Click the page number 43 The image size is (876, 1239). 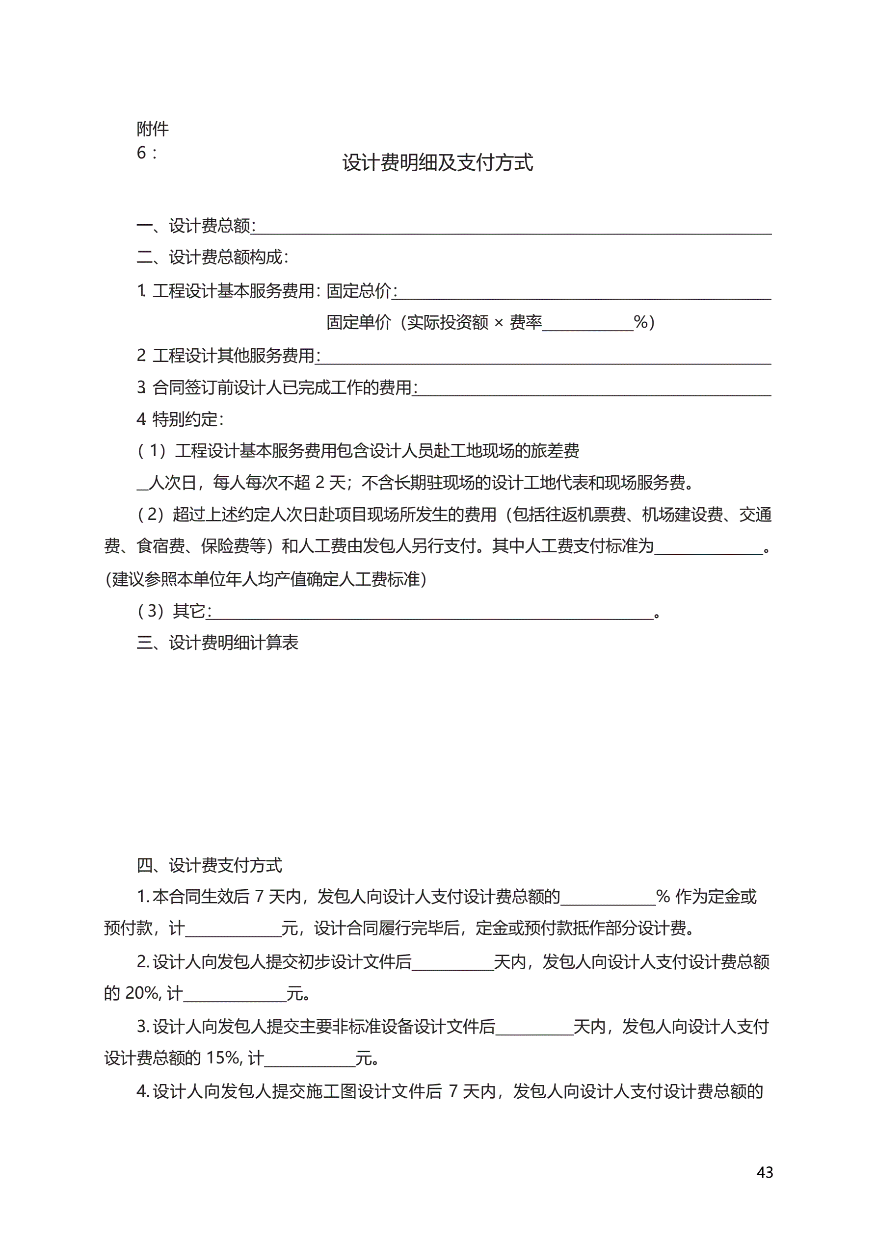coord(764,1172)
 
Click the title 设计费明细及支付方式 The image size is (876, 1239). coord(437,162)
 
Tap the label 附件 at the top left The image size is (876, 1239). coord(152,129)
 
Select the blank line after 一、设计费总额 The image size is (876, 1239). coord(513,230)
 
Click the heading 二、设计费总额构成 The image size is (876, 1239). coord(212,258)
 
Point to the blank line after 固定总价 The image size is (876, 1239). coord(584,295)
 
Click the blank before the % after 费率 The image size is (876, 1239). coord(587,326)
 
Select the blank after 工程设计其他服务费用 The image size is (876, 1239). coord(545,360)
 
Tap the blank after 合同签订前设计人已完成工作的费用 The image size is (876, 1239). coord(594,391)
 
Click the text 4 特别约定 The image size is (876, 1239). coord(180,419)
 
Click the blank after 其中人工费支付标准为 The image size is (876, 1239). coord(708,550)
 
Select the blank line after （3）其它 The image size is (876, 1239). coord(432,615)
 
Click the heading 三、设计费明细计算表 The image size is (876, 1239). coord(217,643)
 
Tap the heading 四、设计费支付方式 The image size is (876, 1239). coord(209,866)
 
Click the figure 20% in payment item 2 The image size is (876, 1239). coord(141,993)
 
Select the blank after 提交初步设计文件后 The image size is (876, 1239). coord(452,966)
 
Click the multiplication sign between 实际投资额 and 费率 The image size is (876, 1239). coord(499,323)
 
